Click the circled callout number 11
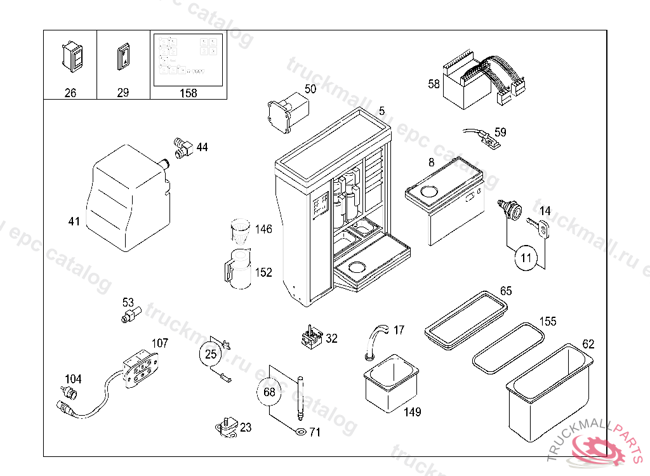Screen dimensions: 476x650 click(526, 258)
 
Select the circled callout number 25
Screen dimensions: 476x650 click(211, 354)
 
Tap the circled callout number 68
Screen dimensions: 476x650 click(269, 392)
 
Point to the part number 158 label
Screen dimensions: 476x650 click(189, 93)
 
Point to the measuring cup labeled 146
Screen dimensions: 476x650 click(241, 232)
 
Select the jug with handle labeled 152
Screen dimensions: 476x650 click(237, 270)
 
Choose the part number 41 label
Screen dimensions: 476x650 click(74, 221)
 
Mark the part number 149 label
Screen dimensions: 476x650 click(412, 413)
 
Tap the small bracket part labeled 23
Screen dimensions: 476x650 click(227, 428)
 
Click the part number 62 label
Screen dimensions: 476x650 click(588, 345)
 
